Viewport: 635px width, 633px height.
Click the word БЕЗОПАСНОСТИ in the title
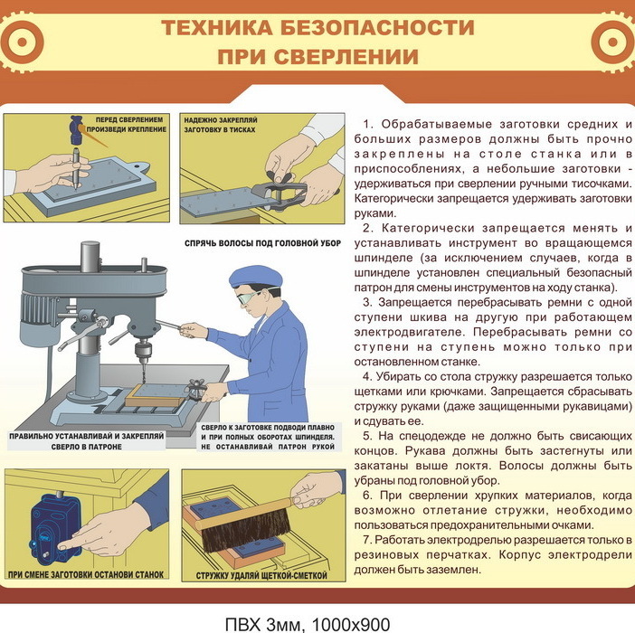coord(377,28)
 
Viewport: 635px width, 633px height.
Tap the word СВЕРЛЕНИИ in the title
coord(346,57)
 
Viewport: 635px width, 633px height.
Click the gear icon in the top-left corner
coord(21,43)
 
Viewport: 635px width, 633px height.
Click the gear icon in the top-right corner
coord(613,43)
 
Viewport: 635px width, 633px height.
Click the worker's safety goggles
coord(248,298)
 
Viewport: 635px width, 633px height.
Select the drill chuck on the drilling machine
coord(143,349)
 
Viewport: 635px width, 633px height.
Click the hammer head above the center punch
coord(76,129)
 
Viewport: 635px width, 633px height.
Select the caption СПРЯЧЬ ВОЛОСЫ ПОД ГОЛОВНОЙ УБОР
coord(263,243)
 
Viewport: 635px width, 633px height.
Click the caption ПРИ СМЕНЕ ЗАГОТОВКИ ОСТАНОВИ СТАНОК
coord(86,574)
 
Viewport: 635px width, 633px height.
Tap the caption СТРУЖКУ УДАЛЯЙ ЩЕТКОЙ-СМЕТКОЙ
coord(261,575)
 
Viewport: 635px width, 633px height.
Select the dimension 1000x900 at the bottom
coord(351,625)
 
